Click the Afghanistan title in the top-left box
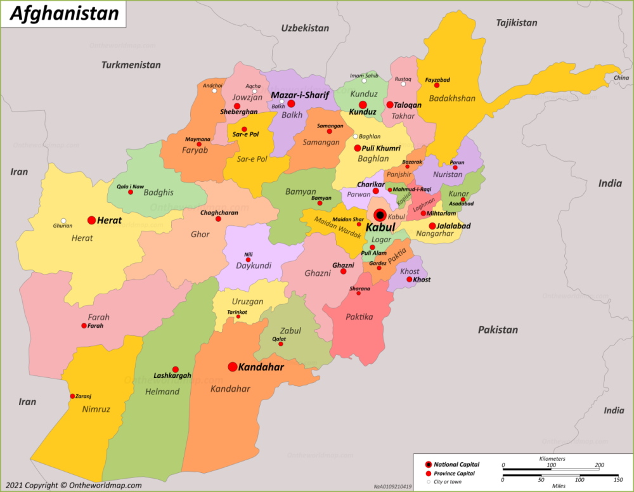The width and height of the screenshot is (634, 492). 64,13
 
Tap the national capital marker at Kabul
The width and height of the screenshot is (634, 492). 380,215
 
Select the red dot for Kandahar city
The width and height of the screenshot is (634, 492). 233,366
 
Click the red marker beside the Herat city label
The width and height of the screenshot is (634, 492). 91,220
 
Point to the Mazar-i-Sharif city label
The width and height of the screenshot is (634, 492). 300,95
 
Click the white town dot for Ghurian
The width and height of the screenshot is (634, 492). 63,221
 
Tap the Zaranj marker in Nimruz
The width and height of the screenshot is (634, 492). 72,396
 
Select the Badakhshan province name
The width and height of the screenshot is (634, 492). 451,98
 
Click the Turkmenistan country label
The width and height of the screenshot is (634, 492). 131,65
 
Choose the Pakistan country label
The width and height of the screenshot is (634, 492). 498,330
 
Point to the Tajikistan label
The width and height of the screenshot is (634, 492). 516,23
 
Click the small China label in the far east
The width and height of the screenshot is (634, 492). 621,78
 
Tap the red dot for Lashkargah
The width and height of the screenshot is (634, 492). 176,370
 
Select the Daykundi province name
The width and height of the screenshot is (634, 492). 254,267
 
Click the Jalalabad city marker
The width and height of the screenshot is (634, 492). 432,226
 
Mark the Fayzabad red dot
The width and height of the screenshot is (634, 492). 436,86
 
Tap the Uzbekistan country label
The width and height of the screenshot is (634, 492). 305,28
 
